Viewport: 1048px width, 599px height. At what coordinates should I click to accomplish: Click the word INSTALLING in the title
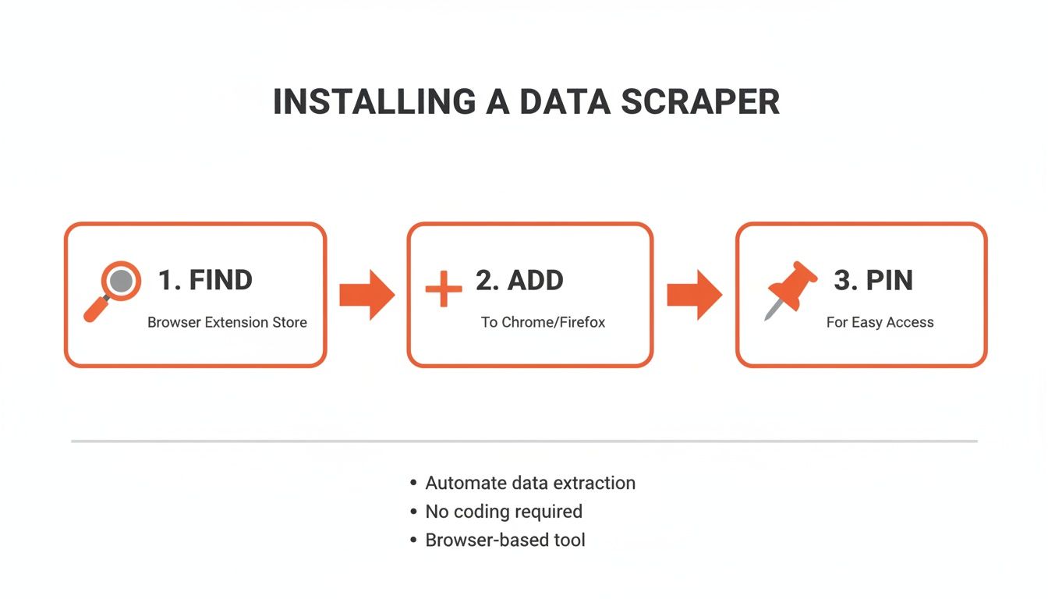click(374, 103)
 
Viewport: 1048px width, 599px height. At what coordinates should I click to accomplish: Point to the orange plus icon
click(444, 289)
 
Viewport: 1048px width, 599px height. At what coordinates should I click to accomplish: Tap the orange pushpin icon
click(791, 289)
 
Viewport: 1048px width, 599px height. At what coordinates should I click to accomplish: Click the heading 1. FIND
click(205, 280)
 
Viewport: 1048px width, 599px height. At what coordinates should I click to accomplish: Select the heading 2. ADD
click(519, 280)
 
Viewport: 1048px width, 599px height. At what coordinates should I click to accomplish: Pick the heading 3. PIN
click(873, 280)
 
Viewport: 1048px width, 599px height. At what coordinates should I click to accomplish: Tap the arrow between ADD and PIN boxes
click(694, 295)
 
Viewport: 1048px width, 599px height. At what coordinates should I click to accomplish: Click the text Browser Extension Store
click(227, 322)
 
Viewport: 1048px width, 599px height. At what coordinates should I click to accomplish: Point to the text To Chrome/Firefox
click(543, 322)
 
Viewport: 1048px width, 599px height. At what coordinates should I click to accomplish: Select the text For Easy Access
click(880, 322)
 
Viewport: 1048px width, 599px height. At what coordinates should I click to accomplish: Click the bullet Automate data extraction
click(530, 483)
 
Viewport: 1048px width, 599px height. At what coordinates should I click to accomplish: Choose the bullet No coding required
click(504, 512)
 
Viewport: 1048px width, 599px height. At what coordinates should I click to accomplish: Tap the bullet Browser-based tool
click(505, 540)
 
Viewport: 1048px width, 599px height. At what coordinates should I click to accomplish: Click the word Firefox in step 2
click(582, 322)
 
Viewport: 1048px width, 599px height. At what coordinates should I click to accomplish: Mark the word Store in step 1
click(289, 322)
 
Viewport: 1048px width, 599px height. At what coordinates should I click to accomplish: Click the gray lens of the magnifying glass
click(121, 281)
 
